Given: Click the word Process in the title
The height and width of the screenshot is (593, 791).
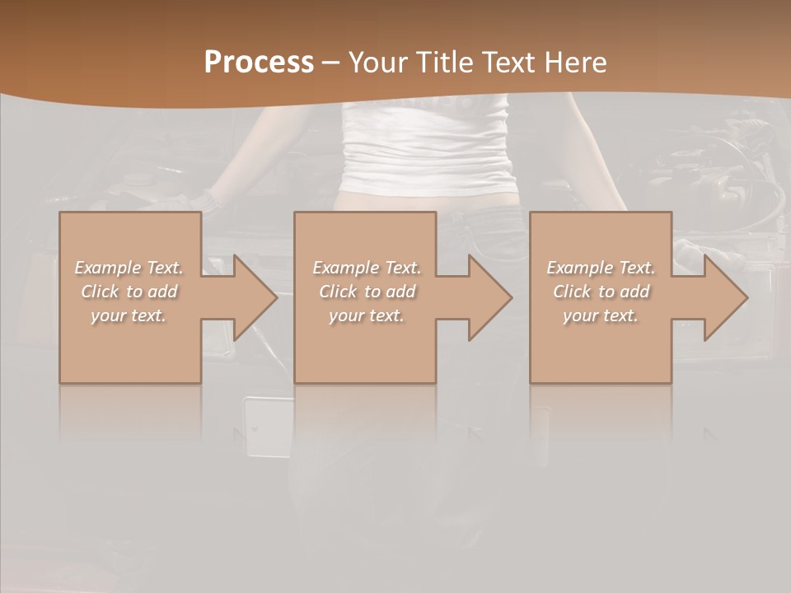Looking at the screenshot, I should pos(259,63).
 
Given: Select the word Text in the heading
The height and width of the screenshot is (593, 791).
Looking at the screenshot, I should pos(508,63).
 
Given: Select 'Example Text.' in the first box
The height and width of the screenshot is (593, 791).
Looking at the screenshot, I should pos(129,268).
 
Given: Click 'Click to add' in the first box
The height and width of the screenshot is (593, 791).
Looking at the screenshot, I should pos(129,292).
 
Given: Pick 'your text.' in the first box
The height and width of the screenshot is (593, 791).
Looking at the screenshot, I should pos(129,315).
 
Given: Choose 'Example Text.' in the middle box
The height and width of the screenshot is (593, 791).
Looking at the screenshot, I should pos(366,268).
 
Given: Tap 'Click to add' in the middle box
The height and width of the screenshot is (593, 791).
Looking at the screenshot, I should pos(366,292).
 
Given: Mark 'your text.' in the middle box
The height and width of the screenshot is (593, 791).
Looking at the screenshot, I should pos(366,315).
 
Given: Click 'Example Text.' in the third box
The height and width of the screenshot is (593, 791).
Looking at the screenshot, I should pos(600,268).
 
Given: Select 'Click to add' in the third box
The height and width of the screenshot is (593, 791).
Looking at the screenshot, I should pos(600,292).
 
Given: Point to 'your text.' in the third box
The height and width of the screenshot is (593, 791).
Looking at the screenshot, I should pos(600,315).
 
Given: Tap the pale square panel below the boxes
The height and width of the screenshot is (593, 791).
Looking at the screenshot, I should pos(269,427).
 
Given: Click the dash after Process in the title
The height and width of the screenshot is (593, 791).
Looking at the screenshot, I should pos(331,63).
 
